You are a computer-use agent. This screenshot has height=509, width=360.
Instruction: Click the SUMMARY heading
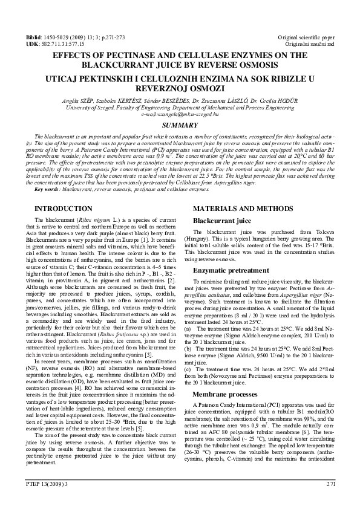coord(180,125)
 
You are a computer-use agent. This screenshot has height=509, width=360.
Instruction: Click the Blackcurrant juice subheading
coord(222,221)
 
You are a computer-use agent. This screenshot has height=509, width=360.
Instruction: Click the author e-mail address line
coord(180,114)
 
